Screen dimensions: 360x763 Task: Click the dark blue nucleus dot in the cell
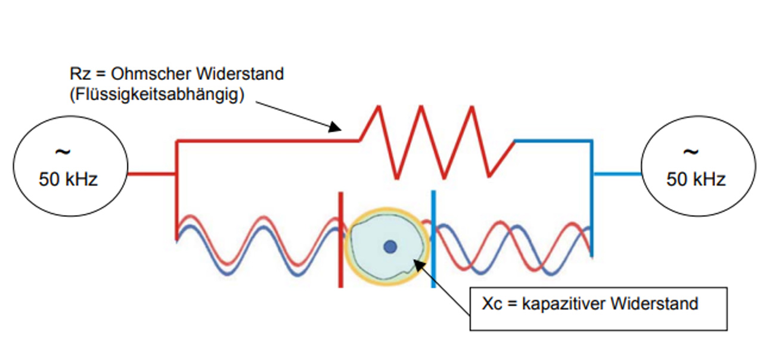coord(390,247)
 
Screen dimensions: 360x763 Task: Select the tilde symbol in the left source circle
coord(62,152)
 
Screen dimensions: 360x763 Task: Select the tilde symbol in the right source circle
coord(690,152)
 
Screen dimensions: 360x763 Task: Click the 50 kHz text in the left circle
coord(68,179)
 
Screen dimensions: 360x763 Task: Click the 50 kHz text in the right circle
coord(696,179)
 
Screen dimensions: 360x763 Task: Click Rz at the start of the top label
coord(79,75)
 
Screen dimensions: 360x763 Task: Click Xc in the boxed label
coord(492,303)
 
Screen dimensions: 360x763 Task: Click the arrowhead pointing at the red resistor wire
coord(336,126)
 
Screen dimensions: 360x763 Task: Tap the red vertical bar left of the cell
coord(340,239)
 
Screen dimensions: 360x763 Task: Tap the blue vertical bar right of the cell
coord(433,239)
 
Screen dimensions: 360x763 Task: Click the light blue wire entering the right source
coord(617,174)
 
